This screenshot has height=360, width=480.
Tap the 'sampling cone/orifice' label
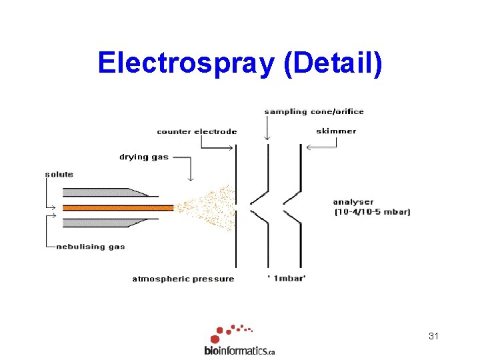pyautogui.click(x=313, y=111)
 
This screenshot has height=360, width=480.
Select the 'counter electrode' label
pyautogui.click(x=197, y=131)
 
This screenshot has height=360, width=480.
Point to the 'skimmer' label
pyautogui.click(x=336, y=131)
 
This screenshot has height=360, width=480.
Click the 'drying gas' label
pyautogui.click(x=144, y=157)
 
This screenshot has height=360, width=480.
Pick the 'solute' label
pyautogui.click(x=59, y=175)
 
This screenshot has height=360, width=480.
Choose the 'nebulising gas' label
pyautogui.click(x=90, y=247)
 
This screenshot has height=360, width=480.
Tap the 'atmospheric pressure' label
pyautogui.click(x=183, y=279)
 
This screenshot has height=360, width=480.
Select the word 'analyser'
pyautogui.click(x=353, y=202)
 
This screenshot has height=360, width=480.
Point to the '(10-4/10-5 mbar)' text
pyautogui.click(x=372, y=212)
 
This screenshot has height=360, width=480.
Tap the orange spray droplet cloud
pyautogui.click(x=210, y=207)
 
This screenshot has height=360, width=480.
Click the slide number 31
pyautogui.click(x=433, y=337)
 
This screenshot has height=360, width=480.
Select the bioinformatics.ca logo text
pyautogui.click(x=239, y=350)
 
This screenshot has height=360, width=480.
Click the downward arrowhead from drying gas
pyautogui.click(x=191, y=178)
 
